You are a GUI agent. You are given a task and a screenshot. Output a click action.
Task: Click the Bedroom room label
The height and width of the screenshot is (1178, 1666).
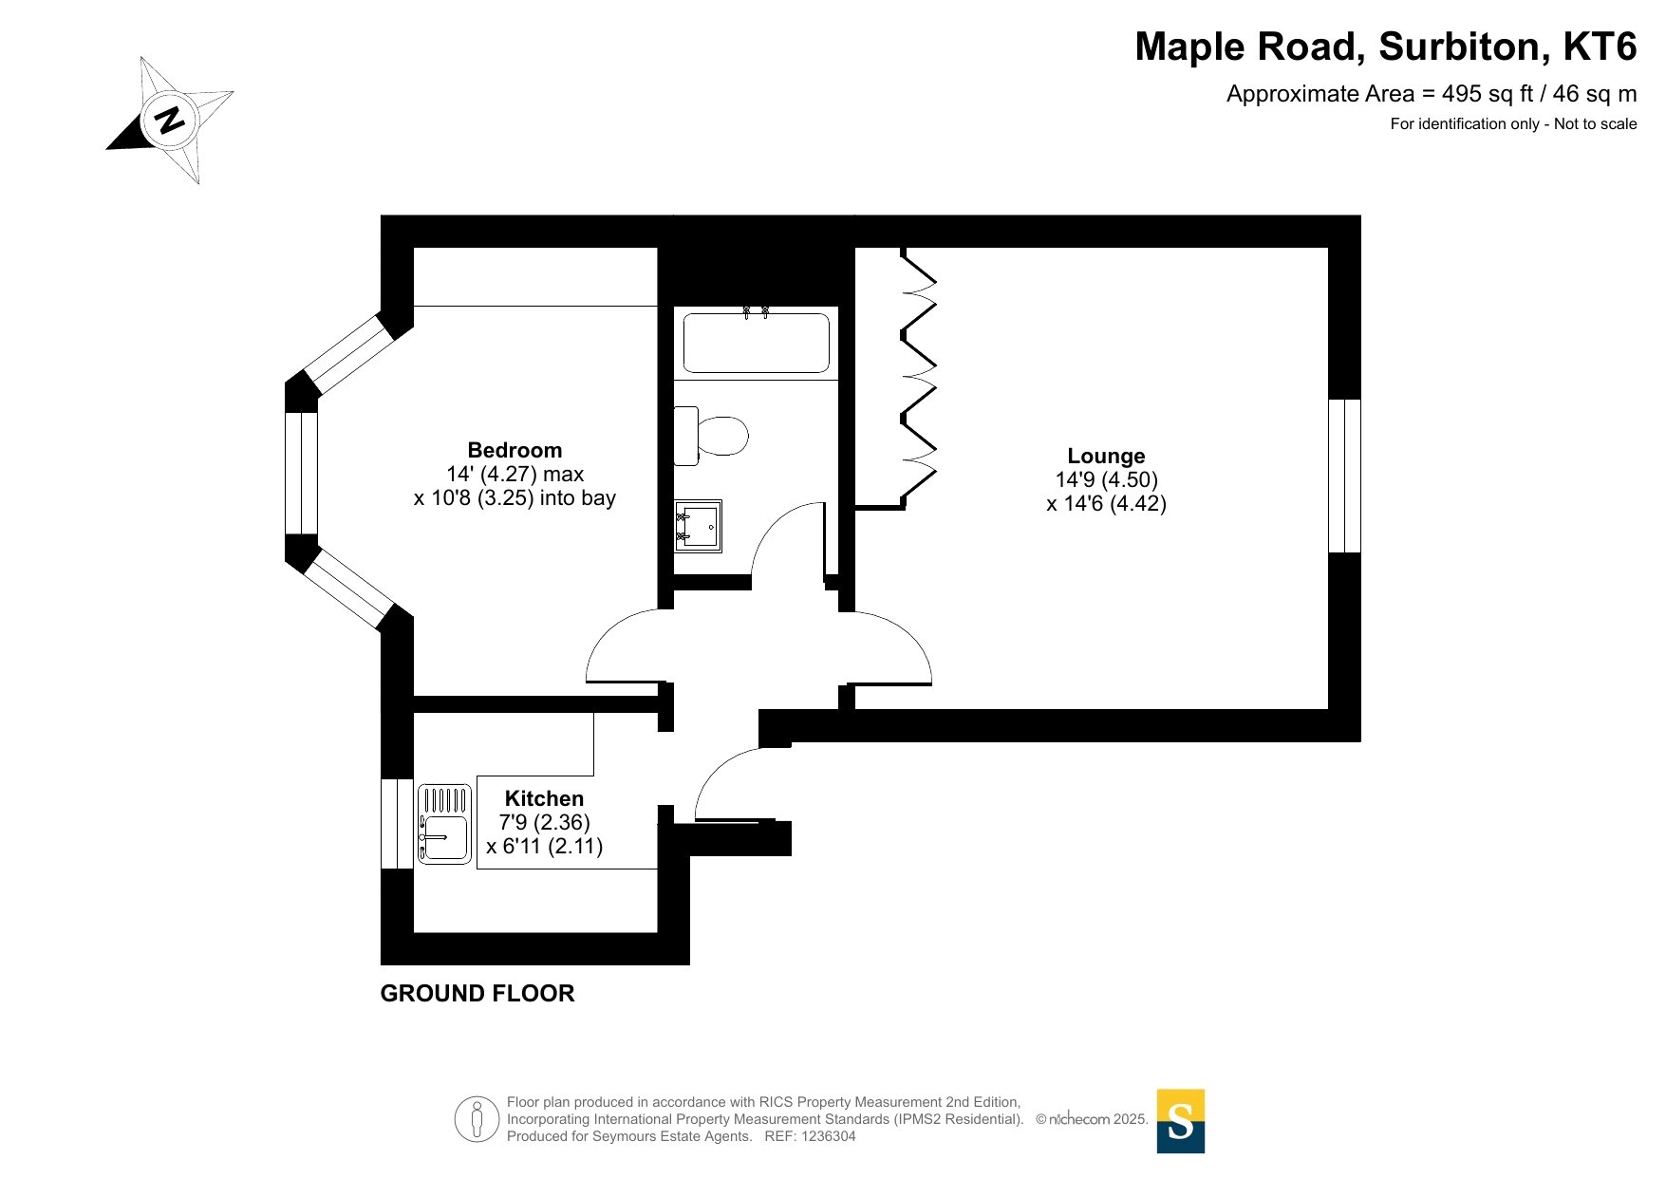coord(515,450)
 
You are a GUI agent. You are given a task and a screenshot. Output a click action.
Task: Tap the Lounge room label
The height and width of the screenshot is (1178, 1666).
coord(1106,456)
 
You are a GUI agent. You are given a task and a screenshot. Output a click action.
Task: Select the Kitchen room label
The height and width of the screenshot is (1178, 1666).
coord(544,798)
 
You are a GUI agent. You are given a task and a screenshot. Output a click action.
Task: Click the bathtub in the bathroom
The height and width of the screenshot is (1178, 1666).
coord(756,343)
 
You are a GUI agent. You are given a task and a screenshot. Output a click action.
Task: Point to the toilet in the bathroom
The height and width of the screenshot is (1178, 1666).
coord(714,437)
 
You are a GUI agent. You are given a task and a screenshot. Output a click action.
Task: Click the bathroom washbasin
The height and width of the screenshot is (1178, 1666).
coord(698,526)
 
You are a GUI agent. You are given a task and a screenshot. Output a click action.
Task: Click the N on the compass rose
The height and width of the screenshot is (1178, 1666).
coord(170,121)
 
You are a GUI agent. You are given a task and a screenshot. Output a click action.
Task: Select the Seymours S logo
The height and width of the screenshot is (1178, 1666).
coord(1180,1121)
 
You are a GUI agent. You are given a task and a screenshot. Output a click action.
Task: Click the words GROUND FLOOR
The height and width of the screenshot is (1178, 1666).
coord(477,994)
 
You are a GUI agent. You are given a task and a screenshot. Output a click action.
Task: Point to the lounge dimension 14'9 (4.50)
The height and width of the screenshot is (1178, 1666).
coord(1106,480)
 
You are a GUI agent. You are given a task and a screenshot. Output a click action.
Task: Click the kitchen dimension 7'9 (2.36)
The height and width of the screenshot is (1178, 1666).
coord(544,822)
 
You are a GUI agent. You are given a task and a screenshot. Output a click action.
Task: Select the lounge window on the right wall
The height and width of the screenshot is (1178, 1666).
coord(1344,476)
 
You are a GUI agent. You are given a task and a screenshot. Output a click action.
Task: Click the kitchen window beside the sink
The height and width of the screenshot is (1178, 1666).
coord(396,824)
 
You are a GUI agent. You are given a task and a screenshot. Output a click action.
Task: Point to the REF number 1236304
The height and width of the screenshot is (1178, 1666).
coord(829,1136)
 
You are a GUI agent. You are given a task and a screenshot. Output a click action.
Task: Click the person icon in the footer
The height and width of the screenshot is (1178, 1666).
coord(477,1119)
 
